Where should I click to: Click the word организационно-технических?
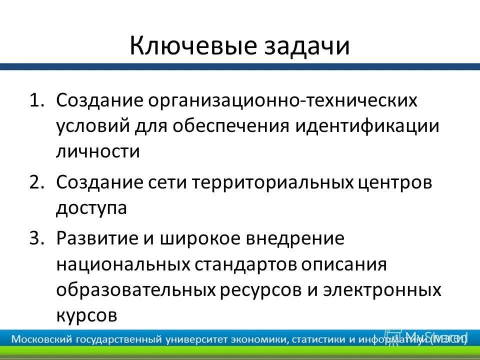click(285, 100)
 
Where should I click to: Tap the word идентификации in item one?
click(367, 126)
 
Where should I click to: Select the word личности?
click(98, 151)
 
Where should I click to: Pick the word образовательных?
click(136, 289)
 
